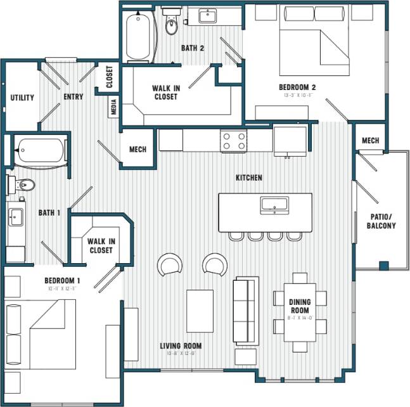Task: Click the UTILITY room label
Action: (22, 98)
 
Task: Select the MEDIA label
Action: (114, 107)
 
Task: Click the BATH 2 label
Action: (192, 48)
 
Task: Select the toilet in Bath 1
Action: (24, 185)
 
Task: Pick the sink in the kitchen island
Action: (274, 204)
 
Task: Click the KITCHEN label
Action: (249, 178)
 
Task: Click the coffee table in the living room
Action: (200, 307)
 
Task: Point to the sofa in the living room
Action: (246, 309)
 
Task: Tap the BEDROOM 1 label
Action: (62, 281)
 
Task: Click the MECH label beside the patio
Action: (371, 141)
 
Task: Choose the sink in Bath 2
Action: (207, 15)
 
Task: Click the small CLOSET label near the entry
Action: (109, 77)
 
